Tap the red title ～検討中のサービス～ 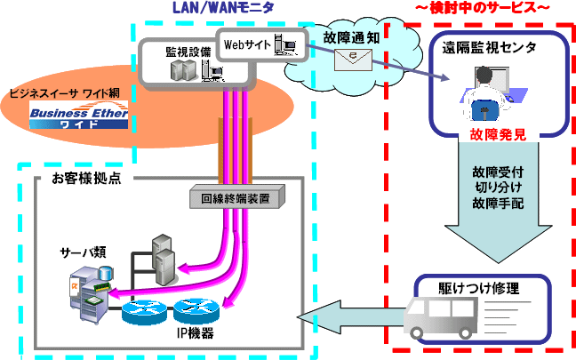click(482, 8)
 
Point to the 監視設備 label click(188, 52)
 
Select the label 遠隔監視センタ click(489, 48)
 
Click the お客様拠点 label click(86, 179)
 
